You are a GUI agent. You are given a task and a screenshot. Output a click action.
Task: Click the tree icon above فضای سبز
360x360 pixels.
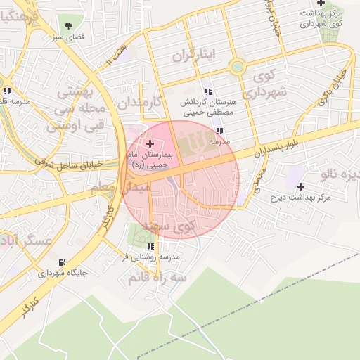(x=68, y=26)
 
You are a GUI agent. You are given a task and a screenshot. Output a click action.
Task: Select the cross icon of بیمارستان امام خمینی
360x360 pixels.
(x=149, y=143)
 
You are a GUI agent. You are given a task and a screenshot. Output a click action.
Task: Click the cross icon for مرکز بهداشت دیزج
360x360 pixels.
(x=301, y=186)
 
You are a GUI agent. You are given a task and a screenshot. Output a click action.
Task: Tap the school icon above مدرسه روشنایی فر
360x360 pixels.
(x=150, y=246)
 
